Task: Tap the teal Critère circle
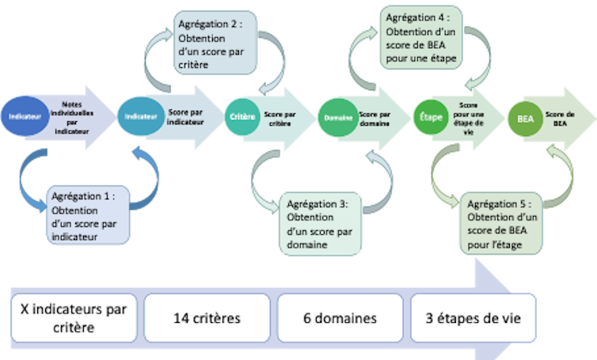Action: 242,116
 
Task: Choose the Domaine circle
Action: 337,117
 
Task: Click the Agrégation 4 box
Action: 422,36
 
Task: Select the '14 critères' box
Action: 207,317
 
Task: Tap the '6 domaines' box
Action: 340,317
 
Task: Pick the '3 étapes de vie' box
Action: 473,317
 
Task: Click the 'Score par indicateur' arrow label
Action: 185,117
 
